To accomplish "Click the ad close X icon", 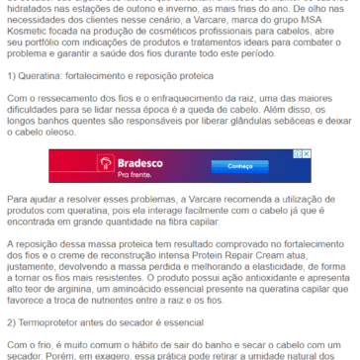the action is click(280, 153).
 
